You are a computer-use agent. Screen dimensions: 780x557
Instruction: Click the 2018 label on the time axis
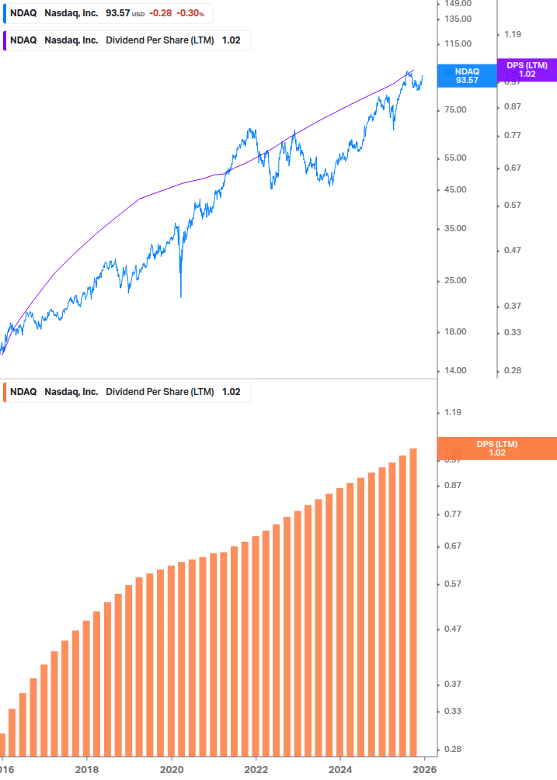[x=87, y=770]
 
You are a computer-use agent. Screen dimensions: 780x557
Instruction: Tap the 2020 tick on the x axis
[x=172, y=770]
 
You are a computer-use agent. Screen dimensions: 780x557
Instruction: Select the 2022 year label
[x=256, y=770]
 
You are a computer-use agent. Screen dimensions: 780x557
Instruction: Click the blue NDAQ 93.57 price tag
[x=467, y=75]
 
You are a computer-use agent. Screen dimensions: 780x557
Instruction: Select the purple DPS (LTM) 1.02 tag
[x=527, y=70]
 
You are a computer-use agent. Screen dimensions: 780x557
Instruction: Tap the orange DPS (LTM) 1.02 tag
[x=497, y=448]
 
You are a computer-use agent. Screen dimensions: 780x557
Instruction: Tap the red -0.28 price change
[x=162, y=13]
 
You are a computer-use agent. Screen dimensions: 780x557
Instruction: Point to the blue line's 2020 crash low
[x=180, y=296]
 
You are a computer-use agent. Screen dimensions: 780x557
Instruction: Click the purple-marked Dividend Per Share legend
[x=127, y=40]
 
